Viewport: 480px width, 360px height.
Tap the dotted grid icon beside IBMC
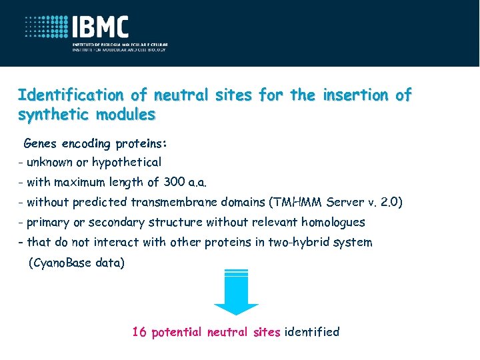click(47, 28)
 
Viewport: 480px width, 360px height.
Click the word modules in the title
click(125, 114)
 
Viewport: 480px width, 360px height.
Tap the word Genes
click(41, 143)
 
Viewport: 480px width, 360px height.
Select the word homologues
click(333, 222)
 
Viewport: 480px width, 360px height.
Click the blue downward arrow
click(236, 293)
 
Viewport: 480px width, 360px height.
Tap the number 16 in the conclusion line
click(139, 332)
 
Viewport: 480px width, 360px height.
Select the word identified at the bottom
click(312, 332)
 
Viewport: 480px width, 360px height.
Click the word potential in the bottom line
click(177, 332)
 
